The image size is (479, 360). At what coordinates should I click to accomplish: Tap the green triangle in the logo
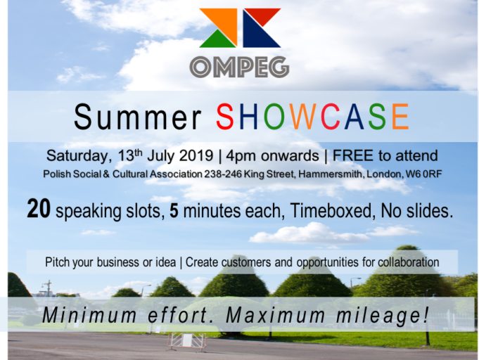(x=218, y=39)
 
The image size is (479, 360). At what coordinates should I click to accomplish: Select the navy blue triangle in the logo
(x=258, y=34)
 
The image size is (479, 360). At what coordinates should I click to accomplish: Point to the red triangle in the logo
(x=263, y=15)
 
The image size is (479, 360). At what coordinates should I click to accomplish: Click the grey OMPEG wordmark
(x=239, y=67)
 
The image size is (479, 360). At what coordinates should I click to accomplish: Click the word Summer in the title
(x=137, y=117)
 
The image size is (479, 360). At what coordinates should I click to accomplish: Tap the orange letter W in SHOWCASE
(x=305, y=117)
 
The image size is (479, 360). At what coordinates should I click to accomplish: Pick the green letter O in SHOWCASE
(x=274, y=117)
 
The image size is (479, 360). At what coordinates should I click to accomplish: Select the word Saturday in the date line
(x=77, y=156)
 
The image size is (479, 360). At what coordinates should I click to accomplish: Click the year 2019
(x=196, y=155)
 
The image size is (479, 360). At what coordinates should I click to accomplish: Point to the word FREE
(x=353, y=155)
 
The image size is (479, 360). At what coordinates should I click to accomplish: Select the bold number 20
(x=39, y=209)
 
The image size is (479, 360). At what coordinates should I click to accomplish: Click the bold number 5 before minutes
(x=174, y=211)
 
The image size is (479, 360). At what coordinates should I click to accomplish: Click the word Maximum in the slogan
(x=276, y=315)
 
